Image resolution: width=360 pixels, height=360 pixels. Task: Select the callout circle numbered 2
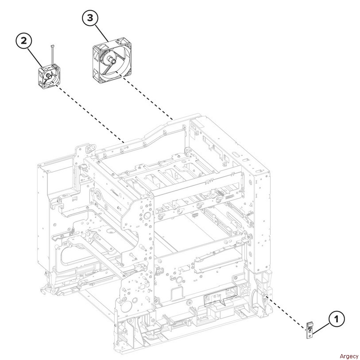[24, 41]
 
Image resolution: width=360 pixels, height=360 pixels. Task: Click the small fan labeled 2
[49, 76]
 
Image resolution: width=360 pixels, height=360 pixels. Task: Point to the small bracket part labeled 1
[311, 329]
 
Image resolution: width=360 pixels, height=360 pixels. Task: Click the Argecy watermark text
[349, 356]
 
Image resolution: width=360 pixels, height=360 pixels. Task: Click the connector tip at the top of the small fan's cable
[52, 45]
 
